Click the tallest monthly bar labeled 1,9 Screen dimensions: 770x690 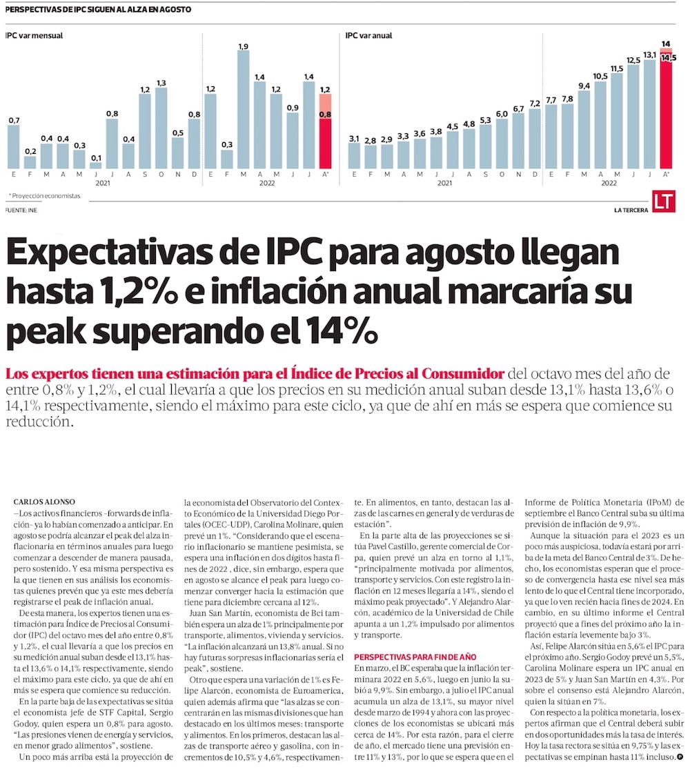[x=243, y=110]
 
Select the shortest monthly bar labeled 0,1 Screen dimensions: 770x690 [x=96, y=166]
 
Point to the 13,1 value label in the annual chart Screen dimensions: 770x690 [x=649, y=55]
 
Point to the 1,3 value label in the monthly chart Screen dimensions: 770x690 [x=161, y=83]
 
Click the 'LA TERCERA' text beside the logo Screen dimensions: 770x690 [x=631, y=209]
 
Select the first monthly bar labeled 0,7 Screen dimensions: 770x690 [x=14, y=147]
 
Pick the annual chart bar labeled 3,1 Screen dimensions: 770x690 [x=355, y=156]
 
